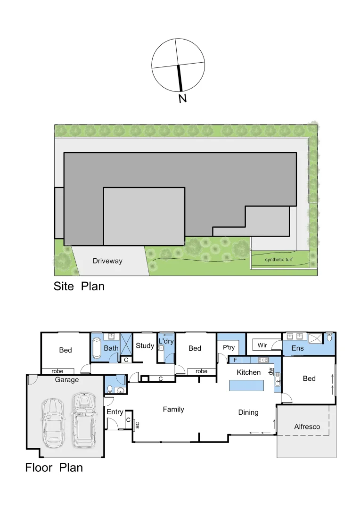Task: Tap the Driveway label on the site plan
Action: [x=107, y=261]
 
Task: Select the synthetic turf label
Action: [x=278, y=260]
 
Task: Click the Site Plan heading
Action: [x=79, y=286]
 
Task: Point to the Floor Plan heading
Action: [x=54, y=468]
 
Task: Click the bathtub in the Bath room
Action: [x=96, y=347]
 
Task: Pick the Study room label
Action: [x=145, y=345]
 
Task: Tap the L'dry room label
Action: [x=166, y=341]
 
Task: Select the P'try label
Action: [x=229, y=347]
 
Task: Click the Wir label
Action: [x=262, y=345]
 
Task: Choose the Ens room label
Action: [x=297, y=348]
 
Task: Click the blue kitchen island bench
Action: [x=246, y=385]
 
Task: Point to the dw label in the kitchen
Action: [x=270, y=371]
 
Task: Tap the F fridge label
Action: [x=235, y=360]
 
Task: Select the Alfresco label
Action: [x=307, y=427]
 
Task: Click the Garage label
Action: [x=67, y=379]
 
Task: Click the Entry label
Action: [x=115, y=412]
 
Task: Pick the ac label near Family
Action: [x=137, y=424]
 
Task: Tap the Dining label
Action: [x=248, y=412]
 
